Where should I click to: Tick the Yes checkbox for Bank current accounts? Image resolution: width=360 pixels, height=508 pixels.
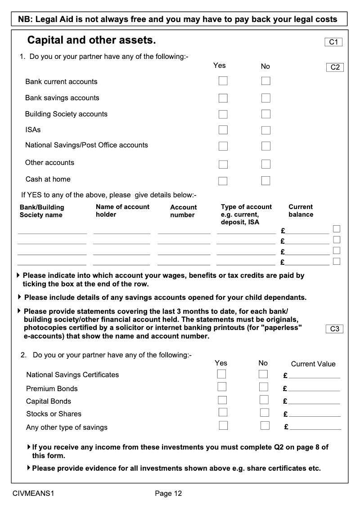[223, 81]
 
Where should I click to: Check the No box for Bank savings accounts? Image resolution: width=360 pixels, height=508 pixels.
[266, 98]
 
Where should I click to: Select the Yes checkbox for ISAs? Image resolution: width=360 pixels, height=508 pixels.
[223, 130]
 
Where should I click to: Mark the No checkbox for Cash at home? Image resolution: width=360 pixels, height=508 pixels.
[266, 181]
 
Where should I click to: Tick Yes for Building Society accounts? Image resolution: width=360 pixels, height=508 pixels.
[223, 114]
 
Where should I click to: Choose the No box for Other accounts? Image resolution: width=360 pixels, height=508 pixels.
[266, 164]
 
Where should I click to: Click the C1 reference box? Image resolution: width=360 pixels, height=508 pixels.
[333, 42]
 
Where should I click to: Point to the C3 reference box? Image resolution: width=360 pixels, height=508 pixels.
[334, 329]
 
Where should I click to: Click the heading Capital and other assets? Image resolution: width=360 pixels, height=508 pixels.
[92, 40]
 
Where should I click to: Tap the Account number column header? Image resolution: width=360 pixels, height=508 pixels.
[183, 211]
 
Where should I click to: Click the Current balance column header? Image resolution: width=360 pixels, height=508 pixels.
[301, 211]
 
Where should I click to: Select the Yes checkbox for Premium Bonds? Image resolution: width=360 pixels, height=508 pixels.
[222, 387]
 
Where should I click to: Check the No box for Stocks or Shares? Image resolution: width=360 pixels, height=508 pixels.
[264, 412]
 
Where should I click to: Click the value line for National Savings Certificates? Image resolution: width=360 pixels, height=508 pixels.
[314, 376]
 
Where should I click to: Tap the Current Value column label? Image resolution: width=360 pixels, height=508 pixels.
[313, 364]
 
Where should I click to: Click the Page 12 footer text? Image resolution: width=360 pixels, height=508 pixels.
[168, 494]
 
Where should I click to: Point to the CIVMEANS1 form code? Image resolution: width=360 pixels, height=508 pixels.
[34, 494]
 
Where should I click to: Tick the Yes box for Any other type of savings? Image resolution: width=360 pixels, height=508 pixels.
[223, 425]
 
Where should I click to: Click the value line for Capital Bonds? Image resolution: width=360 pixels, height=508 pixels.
[314, 401]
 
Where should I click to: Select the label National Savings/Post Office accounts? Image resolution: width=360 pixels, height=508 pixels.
[86, 145]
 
